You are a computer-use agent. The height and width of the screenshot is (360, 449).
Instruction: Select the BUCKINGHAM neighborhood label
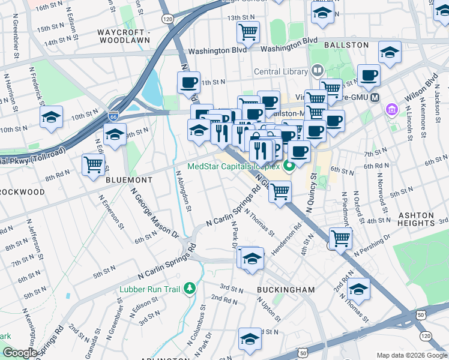click(285, 290)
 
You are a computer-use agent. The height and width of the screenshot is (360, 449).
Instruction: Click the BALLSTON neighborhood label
click(346, 45)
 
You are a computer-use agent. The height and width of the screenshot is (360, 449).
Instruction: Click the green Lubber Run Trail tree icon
click(190, 289)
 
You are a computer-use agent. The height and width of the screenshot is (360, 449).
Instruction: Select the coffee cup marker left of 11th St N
click(188, 82)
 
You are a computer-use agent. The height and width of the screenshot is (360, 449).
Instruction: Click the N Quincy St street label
click(310, 193)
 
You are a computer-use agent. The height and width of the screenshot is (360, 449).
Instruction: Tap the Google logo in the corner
click(20, 352)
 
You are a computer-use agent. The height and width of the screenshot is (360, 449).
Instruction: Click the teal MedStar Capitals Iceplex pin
click(289, 167)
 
